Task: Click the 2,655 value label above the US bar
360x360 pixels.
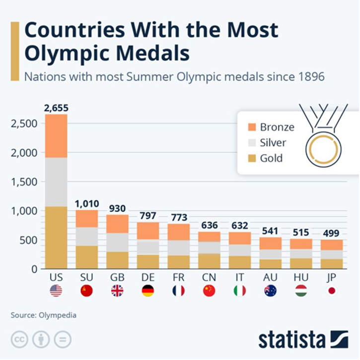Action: [x=56, y=108]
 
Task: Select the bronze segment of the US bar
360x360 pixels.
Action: [x=56, y=136]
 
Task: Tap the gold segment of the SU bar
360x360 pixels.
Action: [x=86, y=257]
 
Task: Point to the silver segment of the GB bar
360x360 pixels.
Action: [x=117, y=242]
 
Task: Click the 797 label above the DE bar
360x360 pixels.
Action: [x=148, y=216]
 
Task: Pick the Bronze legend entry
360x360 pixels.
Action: [x=277, y=127]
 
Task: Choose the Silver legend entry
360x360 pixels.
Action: [x=273, y=143]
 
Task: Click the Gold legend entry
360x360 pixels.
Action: [x=271, y=158]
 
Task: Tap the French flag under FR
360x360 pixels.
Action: [x=179, y=290]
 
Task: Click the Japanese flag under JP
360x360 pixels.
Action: [x=332, y=290]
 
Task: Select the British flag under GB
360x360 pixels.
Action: [x=117, y=290]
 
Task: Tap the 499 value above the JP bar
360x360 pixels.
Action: [x=332, y=233]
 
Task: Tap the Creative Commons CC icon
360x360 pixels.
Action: [x=20, y=340]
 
